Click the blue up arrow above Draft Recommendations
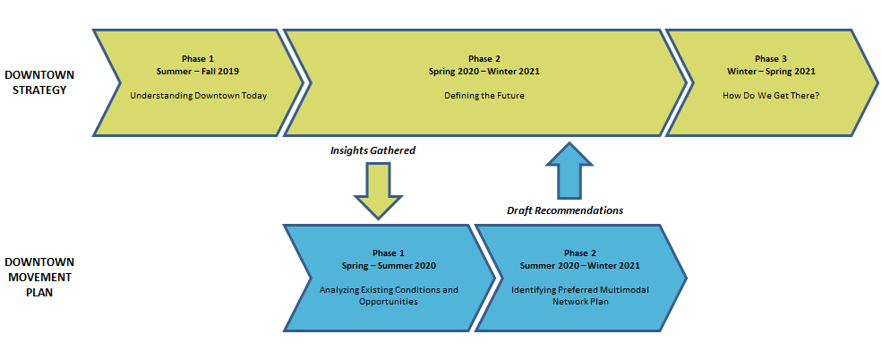click(x=569, y=170)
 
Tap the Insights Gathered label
click(x=372, y=150)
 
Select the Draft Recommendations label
click(x=565, y=211)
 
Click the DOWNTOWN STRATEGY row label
click(x=39, y=82)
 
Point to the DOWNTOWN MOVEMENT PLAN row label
click(x=39, y=278)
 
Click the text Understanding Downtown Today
click(x=199, y=96)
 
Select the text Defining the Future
click(x=484, y=96)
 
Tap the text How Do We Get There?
click(x=771, y=96)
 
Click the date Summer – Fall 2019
click(x=198, y=72)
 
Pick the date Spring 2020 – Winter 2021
click(x=484, y=72)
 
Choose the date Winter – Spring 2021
click(x=771, y=72)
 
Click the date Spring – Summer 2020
click(x=389, y=265)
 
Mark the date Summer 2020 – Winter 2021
click(x=580, y=265)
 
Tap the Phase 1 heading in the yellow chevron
click(x=198, y=59)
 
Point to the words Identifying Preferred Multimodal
click(x=580, y=290)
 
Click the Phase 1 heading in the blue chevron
click(x=389, y=253)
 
